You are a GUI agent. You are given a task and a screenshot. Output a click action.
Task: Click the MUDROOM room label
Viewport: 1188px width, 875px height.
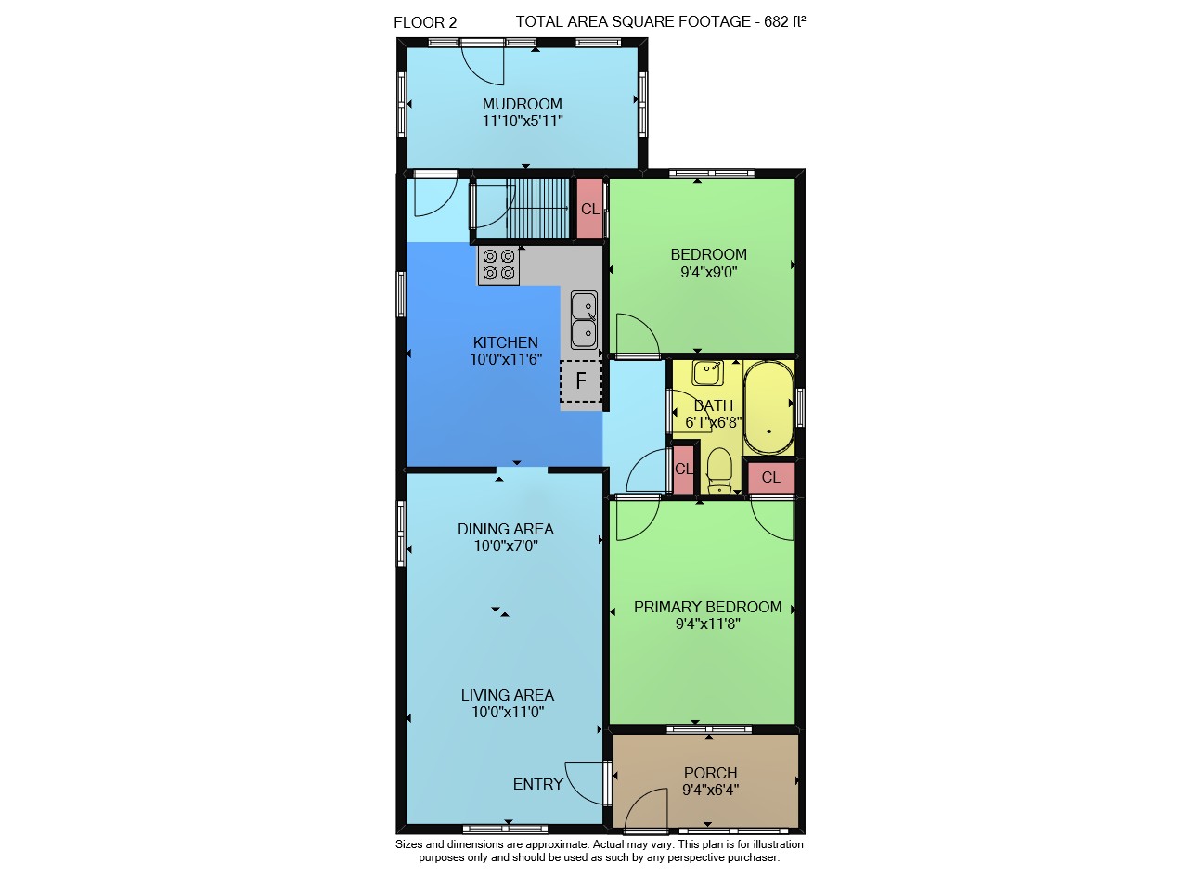click(x=522, y=104)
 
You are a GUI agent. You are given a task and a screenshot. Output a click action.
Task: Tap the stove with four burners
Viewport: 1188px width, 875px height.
click(x=498, y=264)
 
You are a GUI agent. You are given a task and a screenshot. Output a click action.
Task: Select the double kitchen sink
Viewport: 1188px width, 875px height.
click(x=584, y=319)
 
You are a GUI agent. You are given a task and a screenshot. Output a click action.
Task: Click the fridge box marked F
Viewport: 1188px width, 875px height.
click(x=581, y=380)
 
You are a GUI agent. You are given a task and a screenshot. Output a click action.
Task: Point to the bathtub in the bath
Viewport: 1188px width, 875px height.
click(x=768, y=407)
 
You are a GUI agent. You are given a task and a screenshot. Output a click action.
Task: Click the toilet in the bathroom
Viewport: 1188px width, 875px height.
click(x=719, y=470)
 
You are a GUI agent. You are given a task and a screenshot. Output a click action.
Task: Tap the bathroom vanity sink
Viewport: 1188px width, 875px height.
click(x=707, y=373)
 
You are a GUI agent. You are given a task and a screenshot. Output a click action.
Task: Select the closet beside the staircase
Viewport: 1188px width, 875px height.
click(x=589, y=209)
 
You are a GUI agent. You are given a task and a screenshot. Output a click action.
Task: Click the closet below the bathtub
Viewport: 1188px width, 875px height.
click(x=770, y=477)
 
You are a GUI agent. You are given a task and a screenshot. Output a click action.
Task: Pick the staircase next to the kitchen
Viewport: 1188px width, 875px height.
click(x=537, y=209)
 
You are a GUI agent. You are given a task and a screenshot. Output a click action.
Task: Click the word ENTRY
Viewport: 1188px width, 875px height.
click(x=537, y=784)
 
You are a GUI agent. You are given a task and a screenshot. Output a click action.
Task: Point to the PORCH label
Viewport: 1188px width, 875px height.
click(x=710, y=773)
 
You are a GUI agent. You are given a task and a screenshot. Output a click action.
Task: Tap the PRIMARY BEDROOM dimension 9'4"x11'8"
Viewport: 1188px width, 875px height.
click(x=707, y=624)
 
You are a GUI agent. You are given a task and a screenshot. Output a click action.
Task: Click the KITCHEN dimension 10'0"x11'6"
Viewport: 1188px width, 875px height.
click(x=506, y=359)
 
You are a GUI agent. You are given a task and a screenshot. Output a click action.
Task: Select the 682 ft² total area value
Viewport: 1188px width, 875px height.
click(x=785, y=21)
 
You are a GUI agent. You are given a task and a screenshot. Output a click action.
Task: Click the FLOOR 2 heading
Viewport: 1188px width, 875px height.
click(x=425, y=23)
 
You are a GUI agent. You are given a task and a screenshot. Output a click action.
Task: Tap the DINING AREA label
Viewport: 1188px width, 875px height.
click(x=506, y=529)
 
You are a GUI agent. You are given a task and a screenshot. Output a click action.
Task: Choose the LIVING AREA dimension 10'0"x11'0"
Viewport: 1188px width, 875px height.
click(x=508, y=712)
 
